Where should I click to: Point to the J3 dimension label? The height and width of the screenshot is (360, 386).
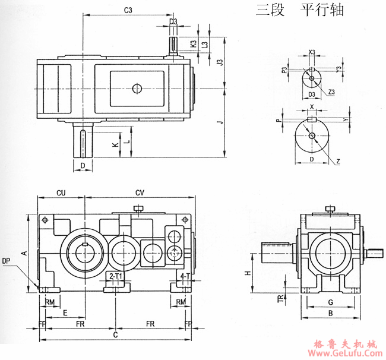[219, 62]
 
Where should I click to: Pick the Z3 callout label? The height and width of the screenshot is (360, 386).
[331, 93]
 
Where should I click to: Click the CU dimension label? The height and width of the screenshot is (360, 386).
[61, 192]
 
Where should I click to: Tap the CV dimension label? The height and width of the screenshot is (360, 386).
[140, 192]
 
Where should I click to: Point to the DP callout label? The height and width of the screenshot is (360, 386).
[6, 261]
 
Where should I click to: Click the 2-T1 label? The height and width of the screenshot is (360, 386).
[116, 277]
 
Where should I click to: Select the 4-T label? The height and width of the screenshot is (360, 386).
[184, 277]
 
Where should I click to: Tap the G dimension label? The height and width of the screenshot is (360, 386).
[331, 302]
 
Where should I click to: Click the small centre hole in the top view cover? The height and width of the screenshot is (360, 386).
[137, 89]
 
